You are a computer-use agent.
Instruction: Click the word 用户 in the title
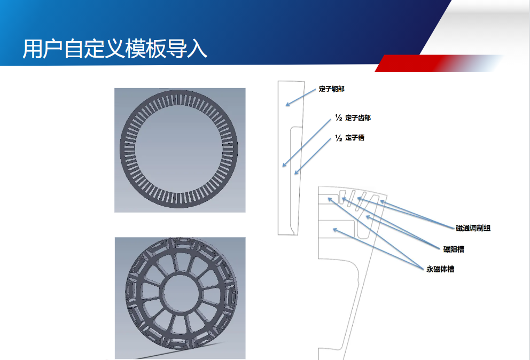click(x=43, y=49)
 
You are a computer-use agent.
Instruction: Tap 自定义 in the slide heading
click(x=94, y=49)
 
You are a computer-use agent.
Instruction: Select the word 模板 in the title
click(x=145, y=49)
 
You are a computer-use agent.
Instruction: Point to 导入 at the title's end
click(x=186, y=49)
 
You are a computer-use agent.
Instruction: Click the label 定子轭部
click(x=332, y=89)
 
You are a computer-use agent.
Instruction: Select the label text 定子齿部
click(x=358, y=118)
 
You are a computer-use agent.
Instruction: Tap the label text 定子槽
click(x=355, y=138)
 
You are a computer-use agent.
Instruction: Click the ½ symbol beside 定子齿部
click(x=339, y=118)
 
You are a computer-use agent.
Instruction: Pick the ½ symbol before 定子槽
click(x=339, y=138)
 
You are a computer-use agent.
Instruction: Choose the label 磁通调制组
click(x=473, y=228)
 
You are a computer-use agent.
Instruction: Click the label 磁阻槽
click(x=454, y=249)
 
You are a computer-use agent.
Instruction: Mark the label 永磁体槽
click(x=440, y=269)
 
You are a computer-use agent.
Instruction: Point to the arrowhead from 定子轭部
click(x=287, y=105)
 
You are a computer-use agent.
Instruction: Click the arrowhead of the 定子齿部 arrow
click(x=284, y=165)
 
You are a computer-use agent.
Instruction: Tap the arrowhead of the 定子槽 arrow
click(x=296, y=173)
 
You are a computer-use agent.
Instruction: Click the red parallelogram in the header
click(x=439, y=63)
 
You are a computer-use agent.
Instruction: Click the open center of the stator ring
click(x=179, y=148)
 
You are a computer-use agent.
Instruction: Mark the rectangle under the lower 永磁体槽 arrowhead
click(x=337, y=230)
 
